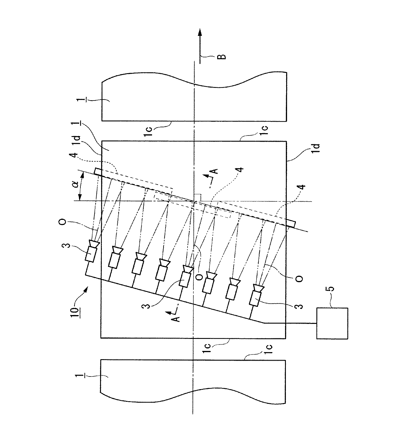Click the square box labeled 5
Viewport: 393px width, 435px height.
[x=332, y=323]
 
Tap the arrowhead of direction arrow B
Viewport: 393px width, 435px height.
[x=200, y=33]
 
